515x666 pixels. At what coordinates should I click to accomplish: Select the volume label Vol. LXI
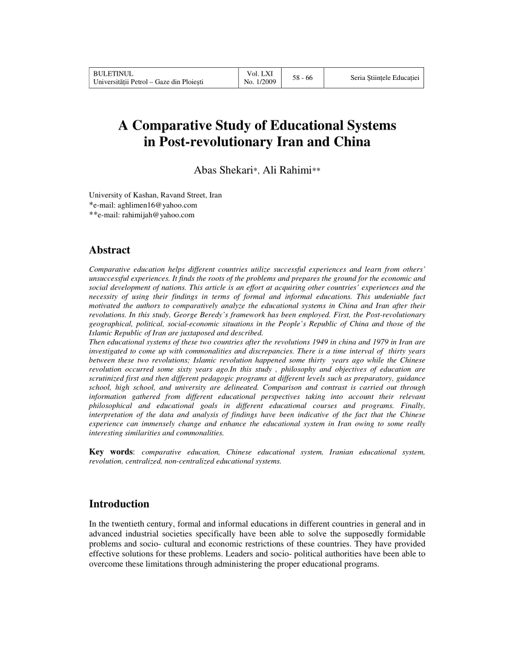coord(259,74)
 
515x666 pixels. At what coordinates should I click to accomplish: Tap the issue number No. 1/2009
coord(259,83)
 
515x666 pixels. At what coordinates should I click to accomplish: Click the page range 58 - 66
coord(302,78)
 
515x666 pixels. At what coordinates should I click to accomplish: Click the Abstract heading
coord(110,250)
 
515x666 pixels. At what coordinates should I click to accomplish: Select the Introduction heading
coord(119,504)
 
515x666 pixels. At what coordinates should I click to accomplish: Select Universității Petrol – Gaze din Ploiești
coord(147,83)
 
